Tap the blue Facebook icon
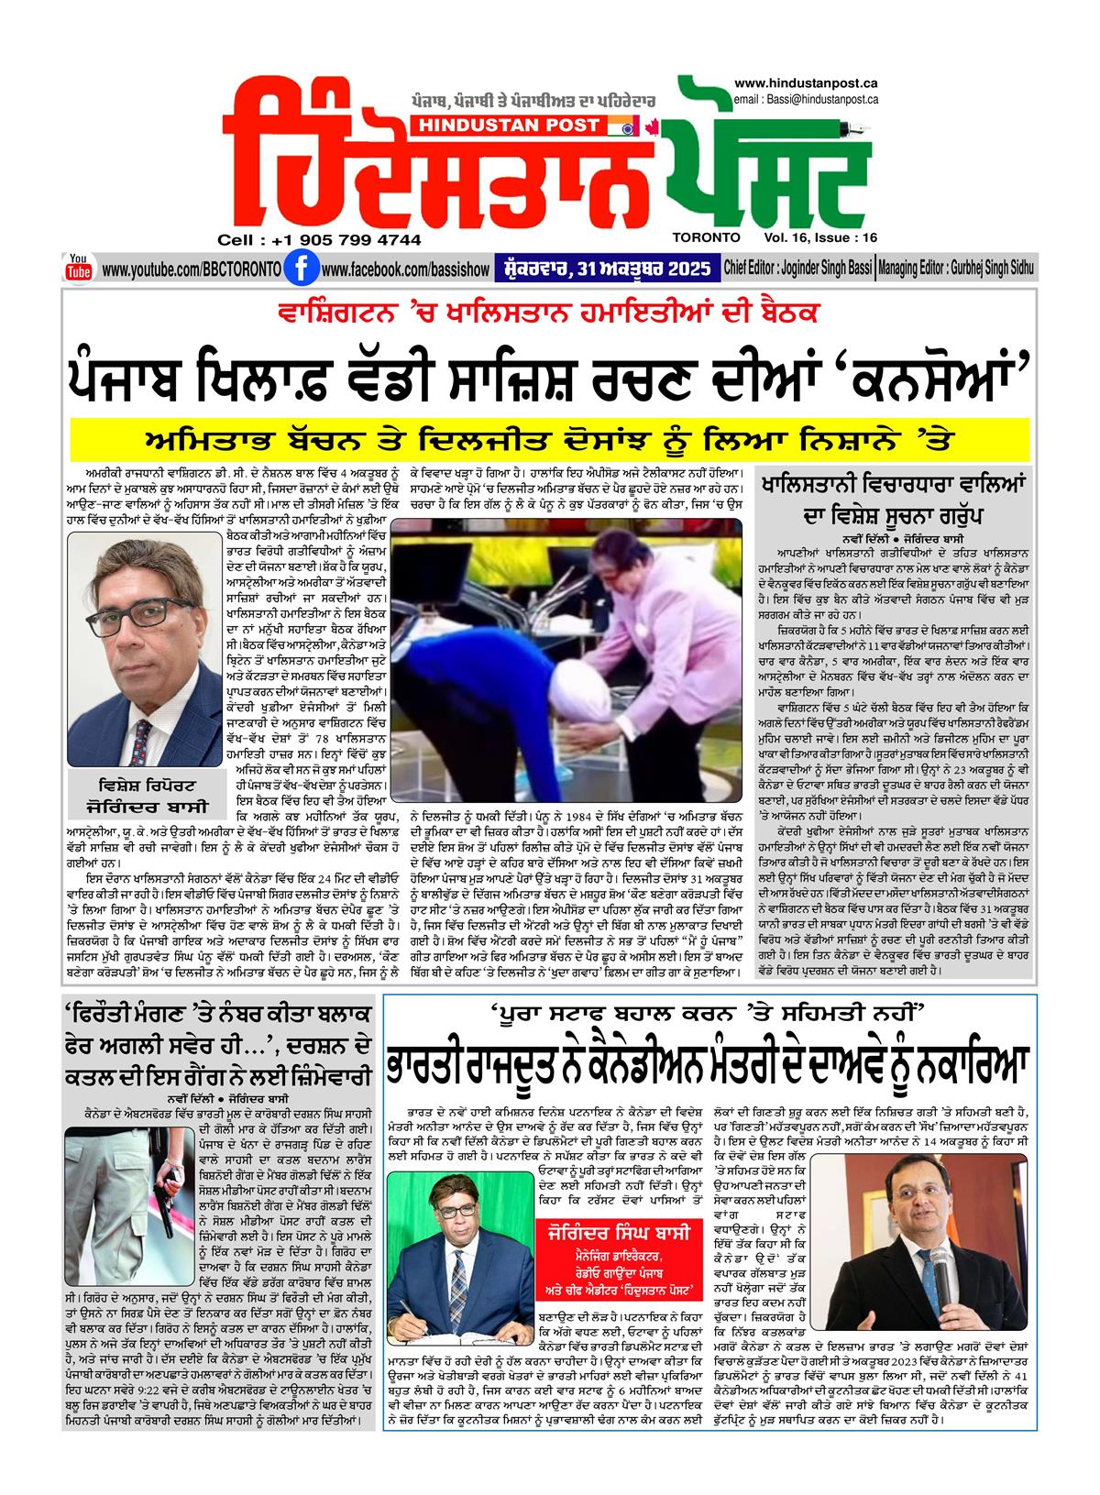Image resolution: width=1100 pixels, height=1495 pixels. [296, 269]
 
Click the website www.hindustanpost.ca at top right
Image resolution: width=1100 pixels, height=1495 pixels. [807, 83]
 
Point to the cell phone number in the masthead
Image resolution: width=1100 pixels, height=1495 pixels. [320, 239]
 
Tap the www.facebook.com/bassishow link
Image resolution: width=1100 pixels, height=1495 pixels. [406, 270]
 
